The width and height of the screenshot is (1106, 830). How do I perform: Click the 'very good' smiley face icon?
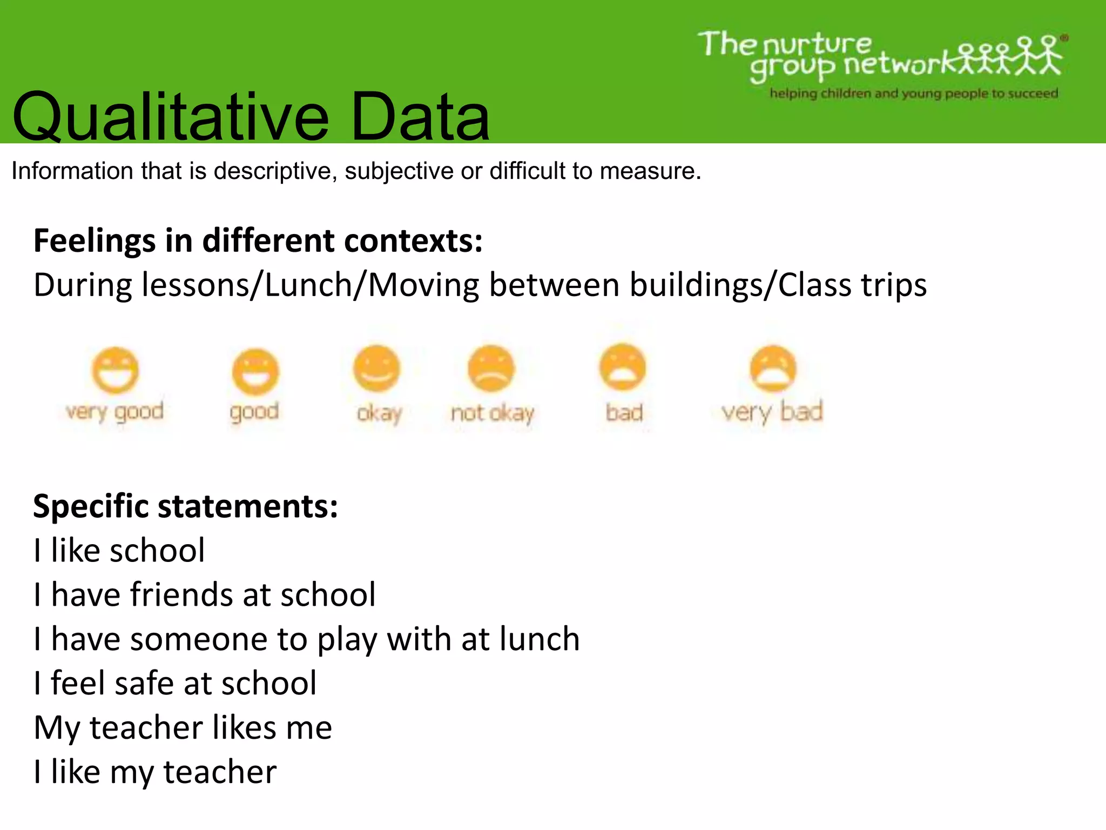(x=115, y=370)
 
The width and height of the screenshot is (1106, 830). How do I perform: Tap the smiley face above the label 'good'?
(x=255, y=372)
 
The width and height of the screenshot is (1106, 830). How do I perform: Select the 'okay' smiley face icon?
(x=376, y=369)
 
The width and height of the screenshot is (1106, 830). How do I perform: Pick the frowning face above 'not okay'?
(x=491, y=369)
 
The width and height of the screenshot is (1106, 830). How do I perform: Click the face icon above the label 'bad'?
(x=623, y=367)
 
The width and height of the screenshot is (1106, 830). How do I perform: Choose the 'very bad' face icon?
(x=773, y=369)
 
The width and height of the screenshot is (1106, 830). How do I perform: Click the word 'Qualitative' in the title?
(x=170, y=117)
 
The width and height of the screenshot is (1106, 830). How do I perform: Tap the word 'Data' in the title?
(x=420, y=117)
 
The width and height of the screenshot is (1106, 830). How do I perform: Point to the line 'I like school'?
(x=119, y=551)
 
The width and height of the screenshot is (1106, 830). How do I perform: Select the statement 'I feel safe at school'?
(x=175, y=683)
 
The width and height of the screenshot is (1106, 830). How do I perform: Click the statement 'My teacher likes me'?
(x=183, y=727)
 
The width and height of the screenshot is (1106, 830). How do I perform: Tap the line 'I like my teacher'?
(x=155, y=772)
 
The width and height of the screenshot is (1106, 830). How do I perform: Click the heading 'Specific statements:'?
(x=185, y=506)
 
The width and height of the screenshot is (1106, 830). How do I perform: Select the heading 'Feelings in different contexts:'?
(x=258, y=240)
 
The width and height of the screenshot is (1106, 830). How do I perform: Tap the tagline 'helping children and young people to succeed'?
(x=914, y=93)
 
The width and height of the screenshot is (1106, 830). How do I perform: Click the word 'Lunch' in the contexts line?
(x=308, y=285)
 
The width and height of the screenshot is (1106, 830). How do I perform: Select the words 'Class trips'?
(x=852, y=285)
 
